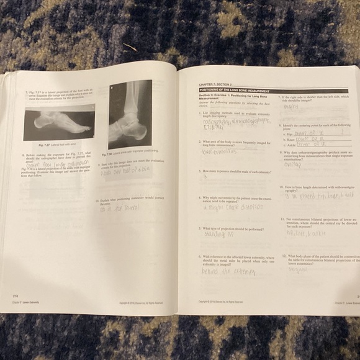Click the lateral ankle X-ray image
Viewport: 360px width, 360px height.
click(x=130, y=114)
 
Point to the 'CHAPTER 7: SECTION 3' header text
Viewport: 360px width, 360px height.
click(x=215, y=84)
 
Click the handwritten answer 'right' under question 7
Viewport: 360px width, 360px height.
click(x=292, y=106)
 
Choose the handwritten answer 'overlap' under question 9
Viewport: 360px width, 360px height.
click(x=292, y=164)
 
